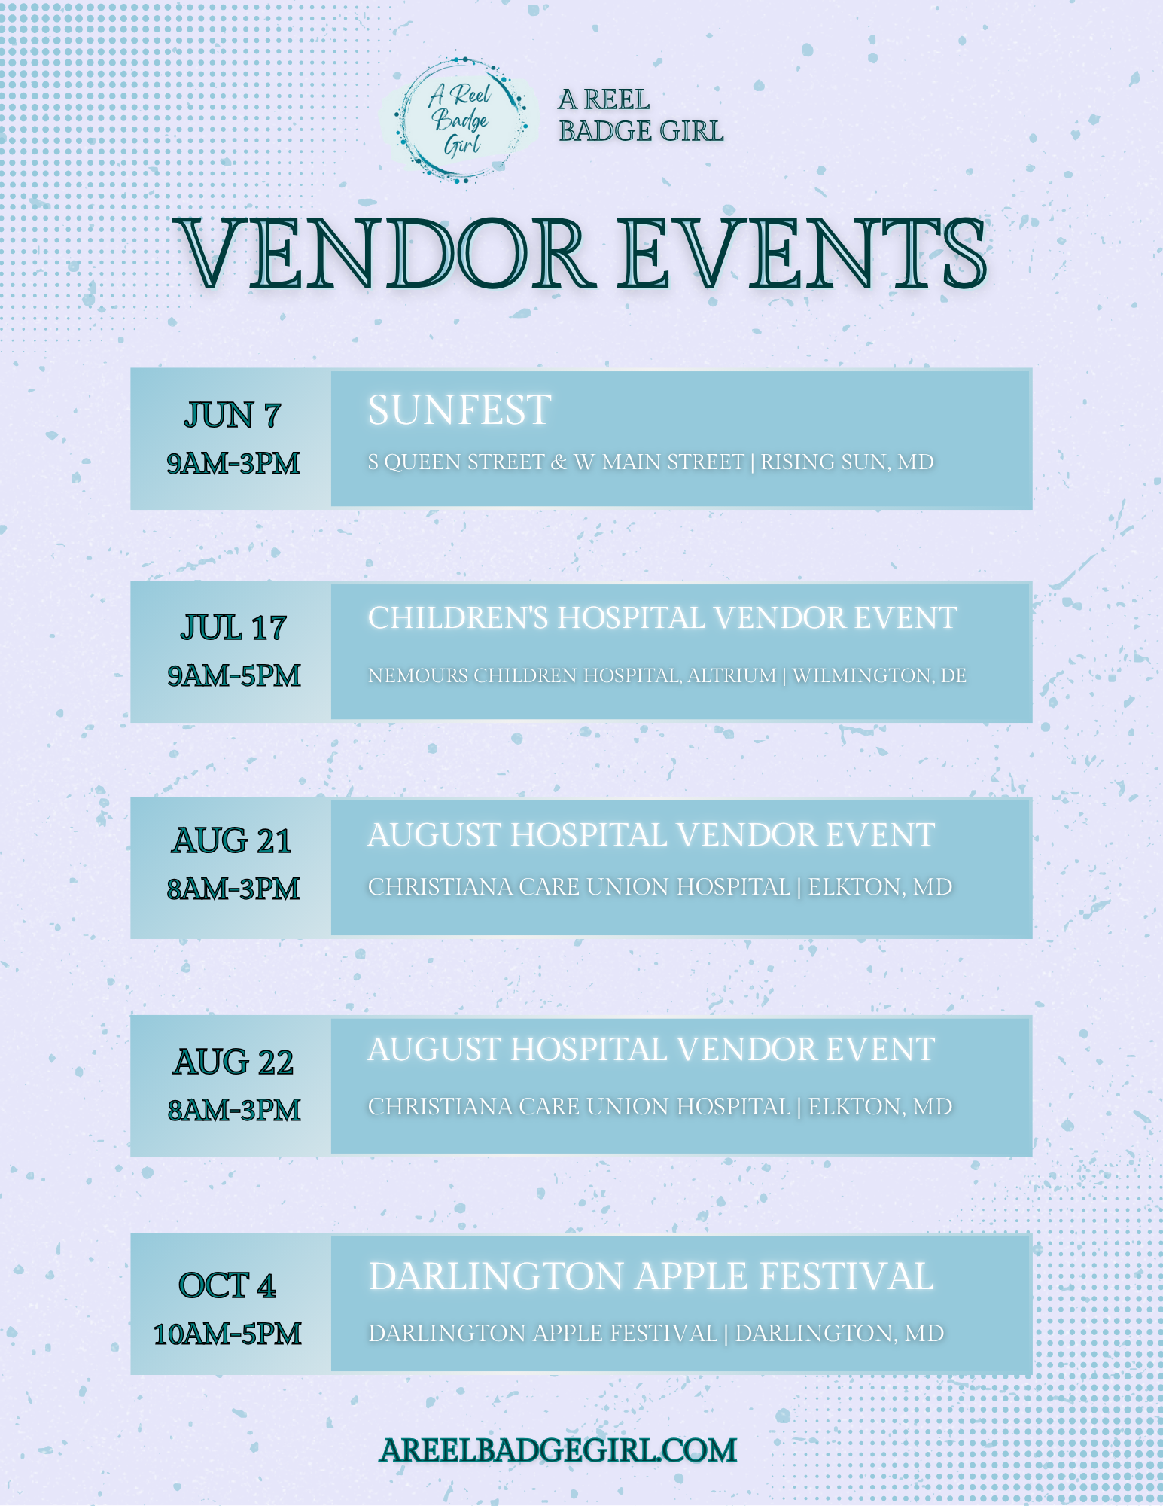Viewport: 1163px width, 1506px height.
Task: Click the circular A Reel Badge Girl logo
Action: (459, 120)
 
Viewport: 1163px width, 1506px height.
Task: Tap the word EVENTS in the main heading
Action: (802, 254)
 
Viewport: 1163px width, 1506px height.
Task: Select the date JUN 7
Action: (232, 415)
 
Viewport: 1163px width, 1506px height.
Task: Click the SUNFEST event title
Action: (459, 410)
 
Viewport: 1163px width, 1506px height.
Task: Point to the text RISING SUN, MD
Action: (847, 462)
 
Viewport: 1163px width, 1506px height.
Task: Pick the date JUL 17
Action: (233, 627)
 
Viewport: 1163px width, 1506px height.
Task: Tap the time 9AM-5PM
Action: (233, 675)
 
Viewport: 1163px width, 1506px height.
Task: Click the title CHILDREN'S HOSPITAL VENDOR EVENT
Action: (662, 618)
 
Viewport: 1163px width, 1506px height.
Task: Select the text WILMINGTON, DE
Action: (879, 675)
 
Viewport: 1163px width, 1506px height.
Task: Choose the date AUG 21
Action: (232, 841)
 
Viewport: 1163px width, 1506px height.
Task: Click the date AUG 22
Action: (233, 1062)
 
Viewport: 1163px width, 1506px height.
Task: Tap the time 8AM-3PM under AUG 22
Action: (233, 1110)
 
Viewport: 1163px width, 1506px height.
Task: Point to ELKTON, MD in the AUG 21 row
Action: (880, 887)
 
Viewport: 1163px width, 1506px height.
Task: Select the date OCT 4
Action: (227, 1285)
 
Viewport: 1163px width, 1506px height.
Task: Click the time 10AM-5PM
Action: (227, 1334)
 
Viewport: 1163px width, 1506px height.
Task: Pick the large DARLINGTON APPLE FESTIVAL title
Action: (651, 1276)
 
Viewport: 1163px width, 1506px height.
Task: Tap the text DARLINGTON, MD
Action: (839, 1334)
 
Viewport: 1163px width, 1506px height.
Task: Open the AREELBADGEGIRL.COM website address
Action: (558, 1451)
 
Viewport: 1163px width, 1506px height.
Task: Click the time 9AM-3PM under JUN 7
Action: (233, 463)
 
